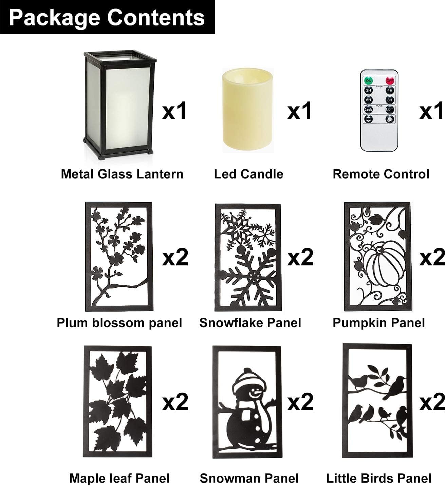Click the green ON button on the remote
[x=368, y=81]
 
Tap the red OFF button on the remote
[x=390, y=81]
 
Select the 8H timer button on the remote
[x=390, y=100]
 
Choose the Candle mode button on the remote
[x=368, y=110]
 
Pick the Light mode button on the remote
[x=390, y=110]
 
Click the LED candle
[x=247, y=110]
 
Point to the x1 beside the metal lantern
[x=174, y=111]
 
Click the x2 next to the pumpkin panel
[x=432, y=257]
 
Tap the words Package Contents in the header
[x=107, y=18]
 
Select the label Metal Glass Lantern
[x=122, y=174]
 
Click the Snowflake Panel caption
[x=250, y=323]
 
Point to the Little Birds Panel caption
[x=379, y=479]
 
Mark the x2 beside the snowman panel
[x=300, y=402]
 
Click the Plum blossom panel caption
[x=119, y=323]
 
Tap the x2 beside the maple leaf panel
[x=175, y=402]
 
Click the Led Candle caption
[x=249, y=174]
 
